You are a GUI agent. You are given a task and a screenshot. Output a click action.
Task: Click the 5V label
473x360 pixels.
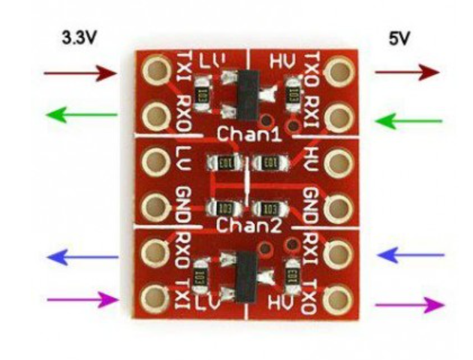click(x=399, y=38)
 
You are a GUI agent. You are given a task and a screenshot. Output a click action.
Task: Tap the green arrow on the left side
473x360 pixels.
click(x=82, y=115)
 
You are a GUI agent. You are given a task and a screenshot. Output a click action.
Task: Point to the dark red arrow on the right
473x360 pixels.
click(x=406, y=72)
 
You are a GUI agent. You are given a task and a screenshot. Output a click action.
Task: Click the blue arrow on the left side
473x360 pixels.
click(x=83, y=257)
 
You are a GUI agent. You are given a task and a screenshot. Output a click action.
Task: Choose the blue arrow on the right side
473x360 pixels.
click(x=409, y=256)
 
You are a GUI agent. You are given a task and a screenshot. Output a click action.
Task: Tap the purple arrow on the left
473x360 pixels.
click(x=83, y=301)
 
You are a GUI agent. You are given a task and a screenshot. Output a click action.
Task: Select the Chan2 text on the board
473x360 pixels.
click(x=241, y=225)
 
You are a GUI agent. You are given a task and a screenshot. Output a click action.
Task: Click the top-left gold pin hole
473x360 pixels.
click(x=157, y=72)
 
